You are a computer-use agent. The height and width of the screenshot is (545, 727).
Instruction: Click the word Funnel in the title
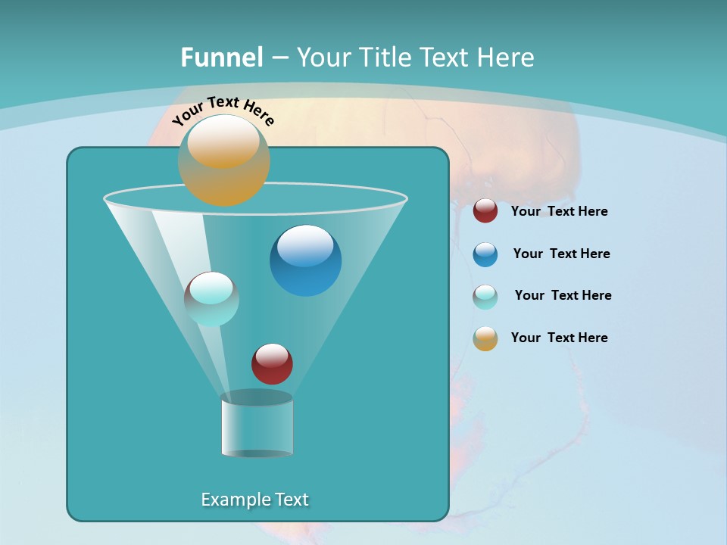click(221, 57)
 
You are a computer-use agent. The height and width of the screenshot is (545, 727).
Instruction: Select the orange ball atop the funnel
click(223, 160)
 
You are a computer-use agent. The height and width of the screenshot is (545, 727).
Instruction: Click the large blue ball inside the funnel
click(305, 260)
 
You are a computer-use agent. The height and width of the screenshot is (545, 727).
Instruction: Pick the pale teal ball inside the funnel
click(211, 299)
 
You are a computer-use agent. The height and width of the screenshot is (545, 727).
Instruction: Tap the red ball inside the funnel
click(272, 363)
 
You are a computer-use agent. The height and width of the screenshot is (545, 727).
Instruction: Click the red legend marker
click(485, 210)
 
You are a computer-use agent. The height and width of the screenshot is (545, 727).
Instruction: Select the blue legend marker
click(485, 254)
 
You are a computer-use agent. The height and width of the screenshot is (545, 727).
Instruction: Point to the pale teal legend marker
click(485, 297)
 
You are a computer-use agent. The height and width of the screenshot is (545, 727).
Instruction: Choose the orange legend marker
click(485, 338)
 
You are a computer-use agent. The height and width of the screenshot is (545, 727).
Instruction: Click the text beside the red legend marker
click(559, 211)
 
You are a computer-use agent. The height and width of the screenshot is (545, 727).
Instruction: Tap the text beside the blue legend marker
click(561, 254)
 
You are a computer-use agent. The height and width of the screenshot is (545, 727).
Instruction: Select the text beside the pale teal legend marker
click(563, 295)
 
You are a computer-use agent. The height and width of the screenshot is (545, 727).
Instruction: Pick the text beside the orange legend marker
click(559, 338)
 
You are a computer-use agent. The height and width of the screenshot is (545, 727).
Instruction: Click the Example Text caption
click(254, 500)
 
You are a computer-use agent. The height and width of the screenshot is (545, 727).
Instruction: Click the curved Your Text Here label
click(223, 111)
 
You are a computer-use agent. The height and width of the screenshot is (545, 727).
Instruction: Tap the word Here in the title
click(504, 57)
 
